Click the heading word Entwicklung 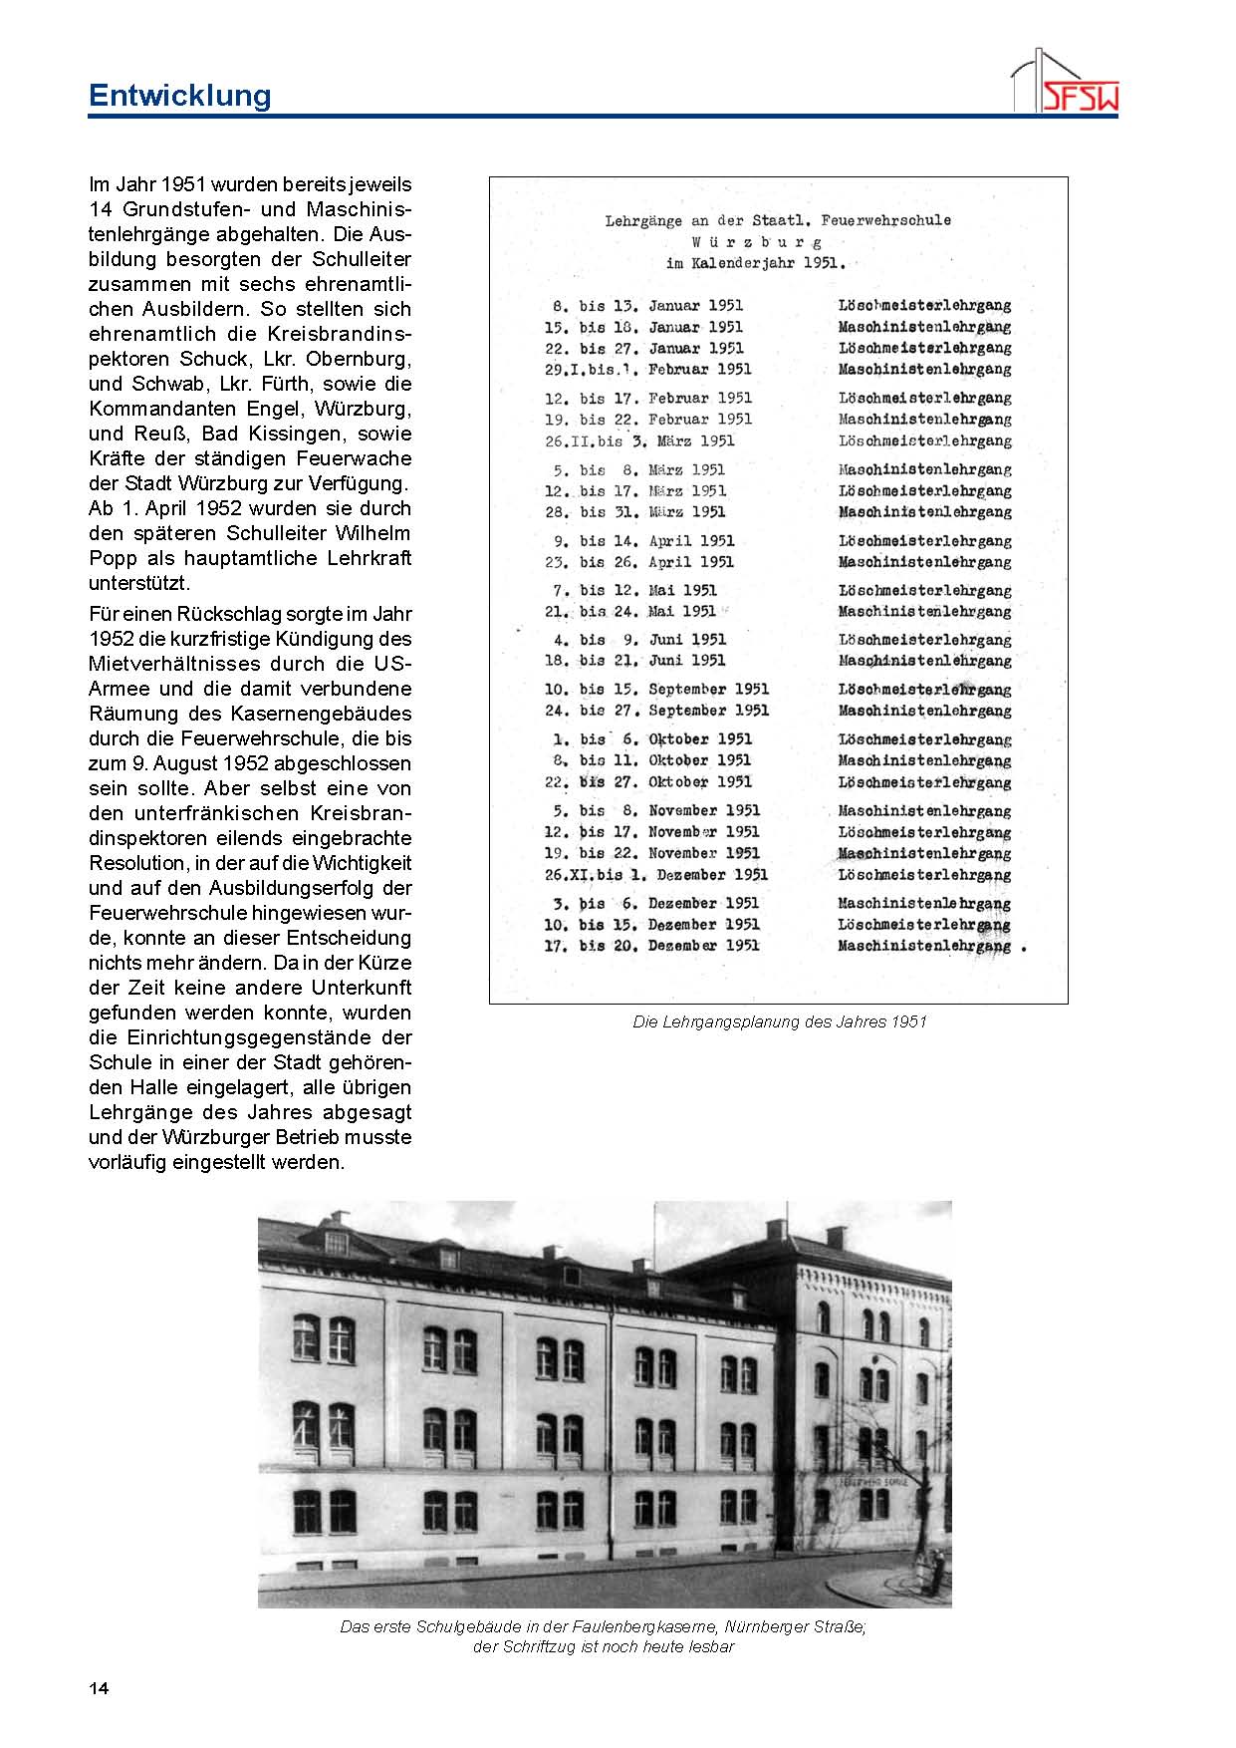click(179, 96)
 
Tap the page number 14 click(99, 1688)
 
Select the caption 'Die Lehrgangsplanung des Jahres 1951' click(779, 1021)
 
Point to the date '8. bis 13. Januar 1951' click(647, 306)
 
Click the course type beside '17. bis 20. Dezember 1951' click(924, 946)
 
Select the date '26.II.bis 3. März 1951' click(639, 440)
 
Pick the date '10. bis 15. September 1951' click(657, 690)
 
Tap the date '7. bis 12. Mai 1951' click(635, 590)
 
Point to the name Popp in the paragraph click(113, 558)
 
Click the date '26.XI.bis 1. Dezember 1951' click(656, 875)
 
